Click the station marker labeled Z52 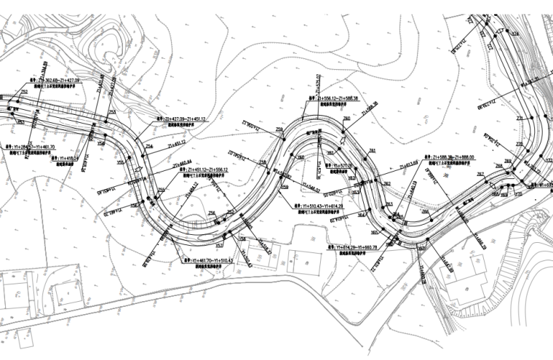(x=24, y=92)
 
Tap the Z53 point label (x=112, y=111)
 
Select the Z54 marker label (x=149, y=147)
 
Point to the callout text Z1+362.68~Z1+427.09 (x=55, y=80)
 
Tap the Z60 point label (x=347, y=117)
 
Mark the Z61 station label (x=372, y=150)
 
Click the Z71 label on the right (x=520, y=118)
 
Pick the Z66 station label (x=426, y=212)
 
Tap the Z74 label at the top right (x=515, y=33)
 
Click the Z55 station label (x=161, y=191)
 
